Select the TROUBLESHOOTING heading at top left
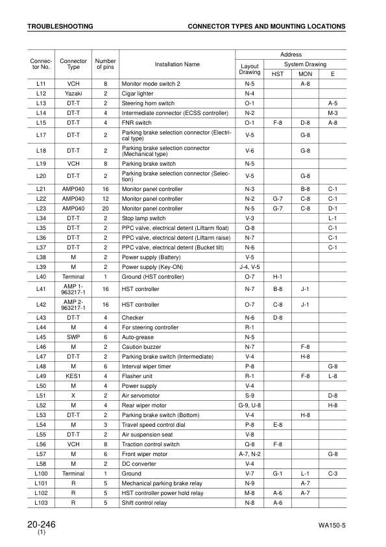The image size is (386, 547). point(60,27)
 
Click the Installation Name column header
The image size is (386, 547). point(177,64)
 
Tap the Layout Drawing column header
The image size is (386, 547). point(250,69)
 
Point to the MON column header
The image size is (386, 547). point(305,74)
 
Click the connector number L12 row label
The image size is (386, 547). point(41,94)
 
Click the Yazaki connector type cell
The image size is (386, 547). point(73,94)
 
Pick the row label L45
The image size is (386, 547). point(41,337)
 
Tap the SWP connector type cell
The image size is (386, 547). point(73,337)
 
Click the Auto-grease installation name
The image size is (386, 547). point(138,337)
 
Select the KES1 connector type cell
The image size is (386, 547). point(73,375)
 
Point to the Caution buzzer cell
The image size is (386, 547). point(141,347)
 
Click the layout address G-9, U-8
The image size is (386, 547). point(250,405)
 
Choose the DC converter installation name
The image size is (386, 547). point(139,464)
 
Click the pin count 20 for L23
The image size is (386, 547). point(105,209)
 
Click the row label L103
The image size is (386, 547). point(41,503)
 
